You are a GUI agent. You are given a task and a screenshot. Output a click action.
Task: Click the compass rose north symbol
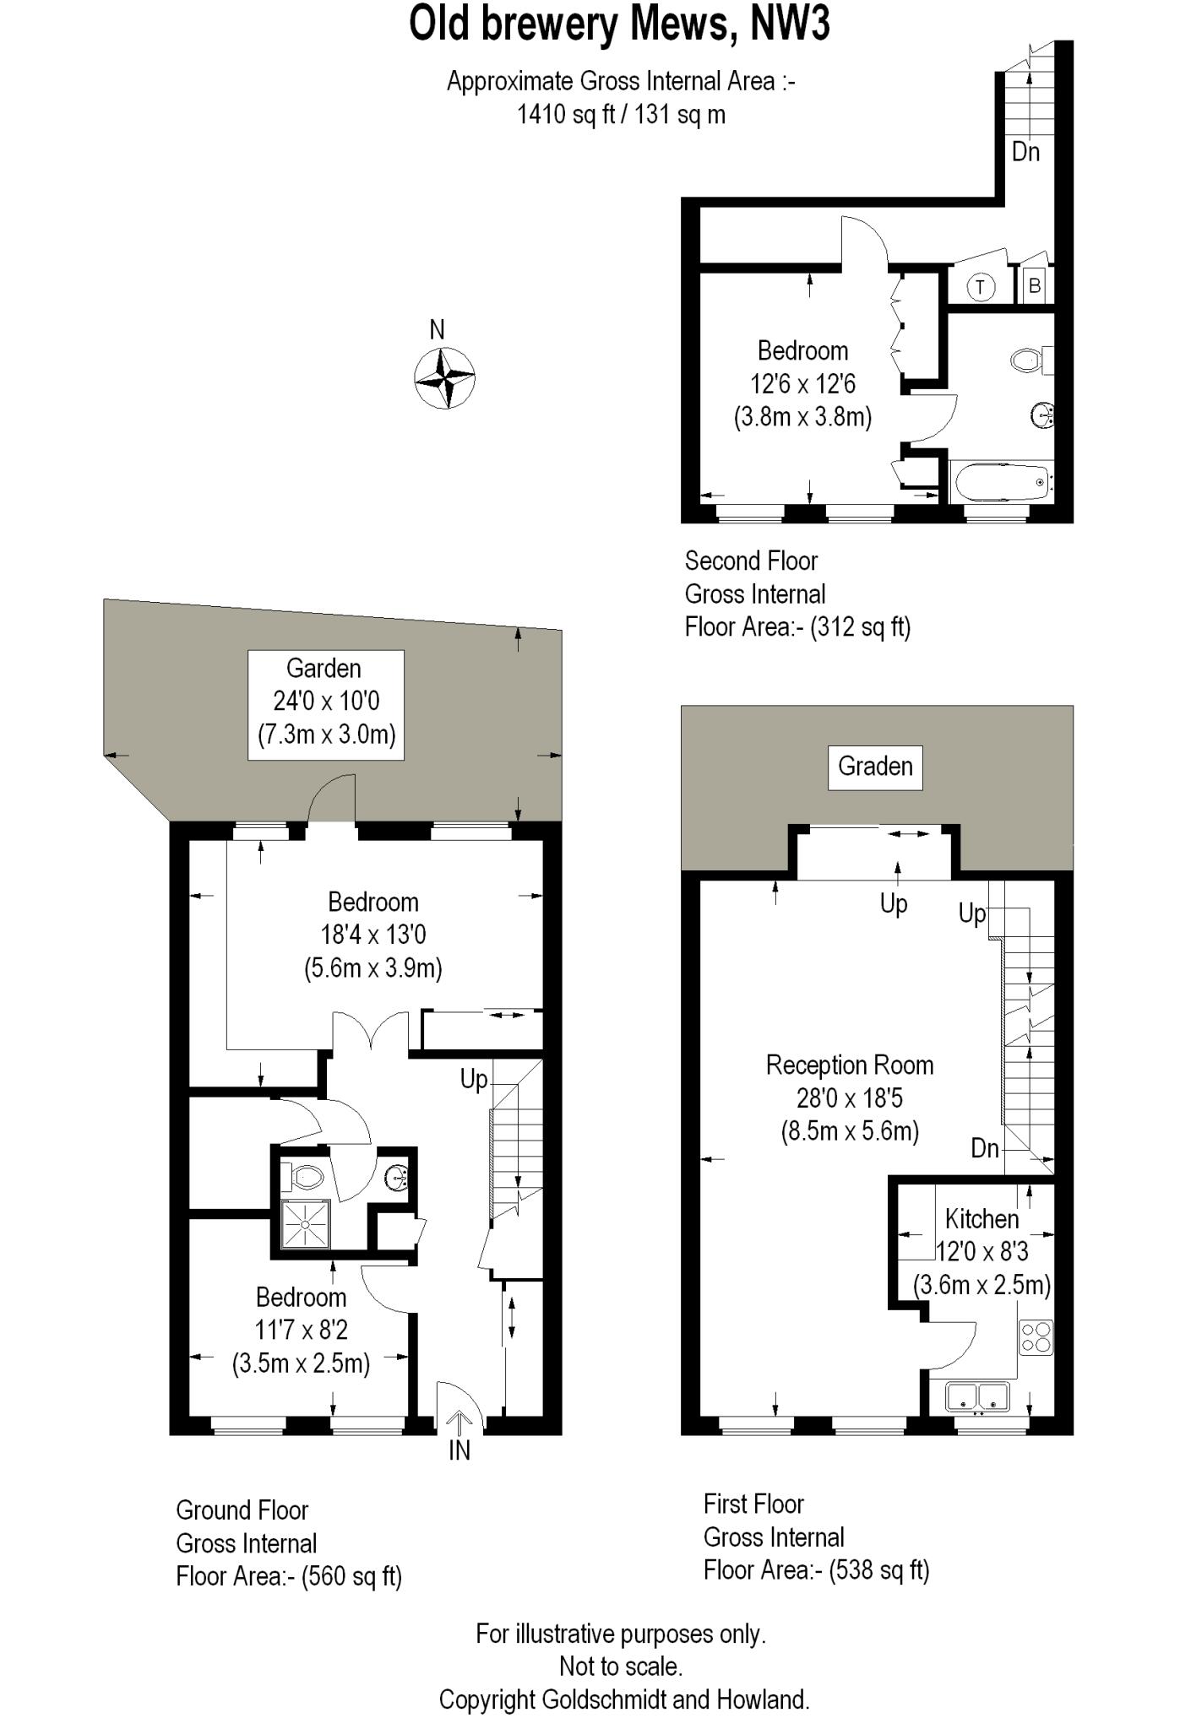pyautogui.click(x=445, y=377)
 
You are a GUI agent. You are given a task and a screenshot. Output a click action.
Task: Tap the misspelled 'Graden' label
pyautogui.click(x=875, y=767)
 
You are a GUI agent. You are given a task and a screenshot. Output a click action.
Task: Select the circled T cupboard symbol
pyautogui.click(x=980, y=287)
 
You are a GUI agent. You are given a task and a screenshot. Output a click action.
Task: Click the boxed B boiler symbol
pyautogui.click(x=1034, y=286)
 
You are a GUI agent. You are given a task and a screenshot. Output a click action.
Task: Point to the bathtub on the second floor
pyautogui.click(x=1002, y=482)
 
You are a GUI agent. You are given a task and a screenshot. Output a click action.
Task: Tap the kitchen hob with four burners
pyautogui.click(x=1036, y=1337)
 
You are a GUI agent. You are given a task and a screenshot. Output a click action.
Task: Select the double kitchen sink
pyautogui.click(x=978, y=1396)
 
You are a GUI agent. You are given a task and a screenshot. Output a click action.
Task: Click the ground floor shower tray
pyautogui.click(x=306, y=1224)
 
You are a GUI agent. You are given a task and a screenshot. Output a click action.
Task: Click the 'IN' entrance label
pyautogui.click(x=459, y=1450)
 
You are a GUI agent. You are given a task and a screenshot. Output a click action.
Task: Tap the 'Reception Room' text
pyautogui.click(x=850, y=1065)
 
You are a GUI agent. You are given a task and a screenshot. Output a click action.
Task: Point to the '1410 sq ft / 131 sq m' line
pyautogui.click(x=621, y=114)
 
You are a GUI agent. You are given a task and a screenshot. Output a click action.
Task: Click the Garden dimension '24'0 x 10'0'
pyautogui.click(x=326, y=701)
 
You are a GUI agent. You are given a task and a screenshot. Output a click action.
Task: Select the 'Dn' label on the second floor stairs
pyautogui.click(x=1025, y=152)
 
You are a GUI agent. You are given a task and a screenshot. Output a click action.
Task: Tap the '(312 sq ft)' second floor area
pyautogui.click(x=860, y=627)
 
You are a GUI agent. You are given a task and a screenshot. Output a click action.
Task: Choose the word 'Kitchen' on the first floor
pyautogui.click(x=982, y=1219)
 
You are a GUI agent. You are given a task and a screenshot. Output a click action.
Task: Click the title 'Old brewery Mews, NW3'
pyautogui.click(x=619, y=24)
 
